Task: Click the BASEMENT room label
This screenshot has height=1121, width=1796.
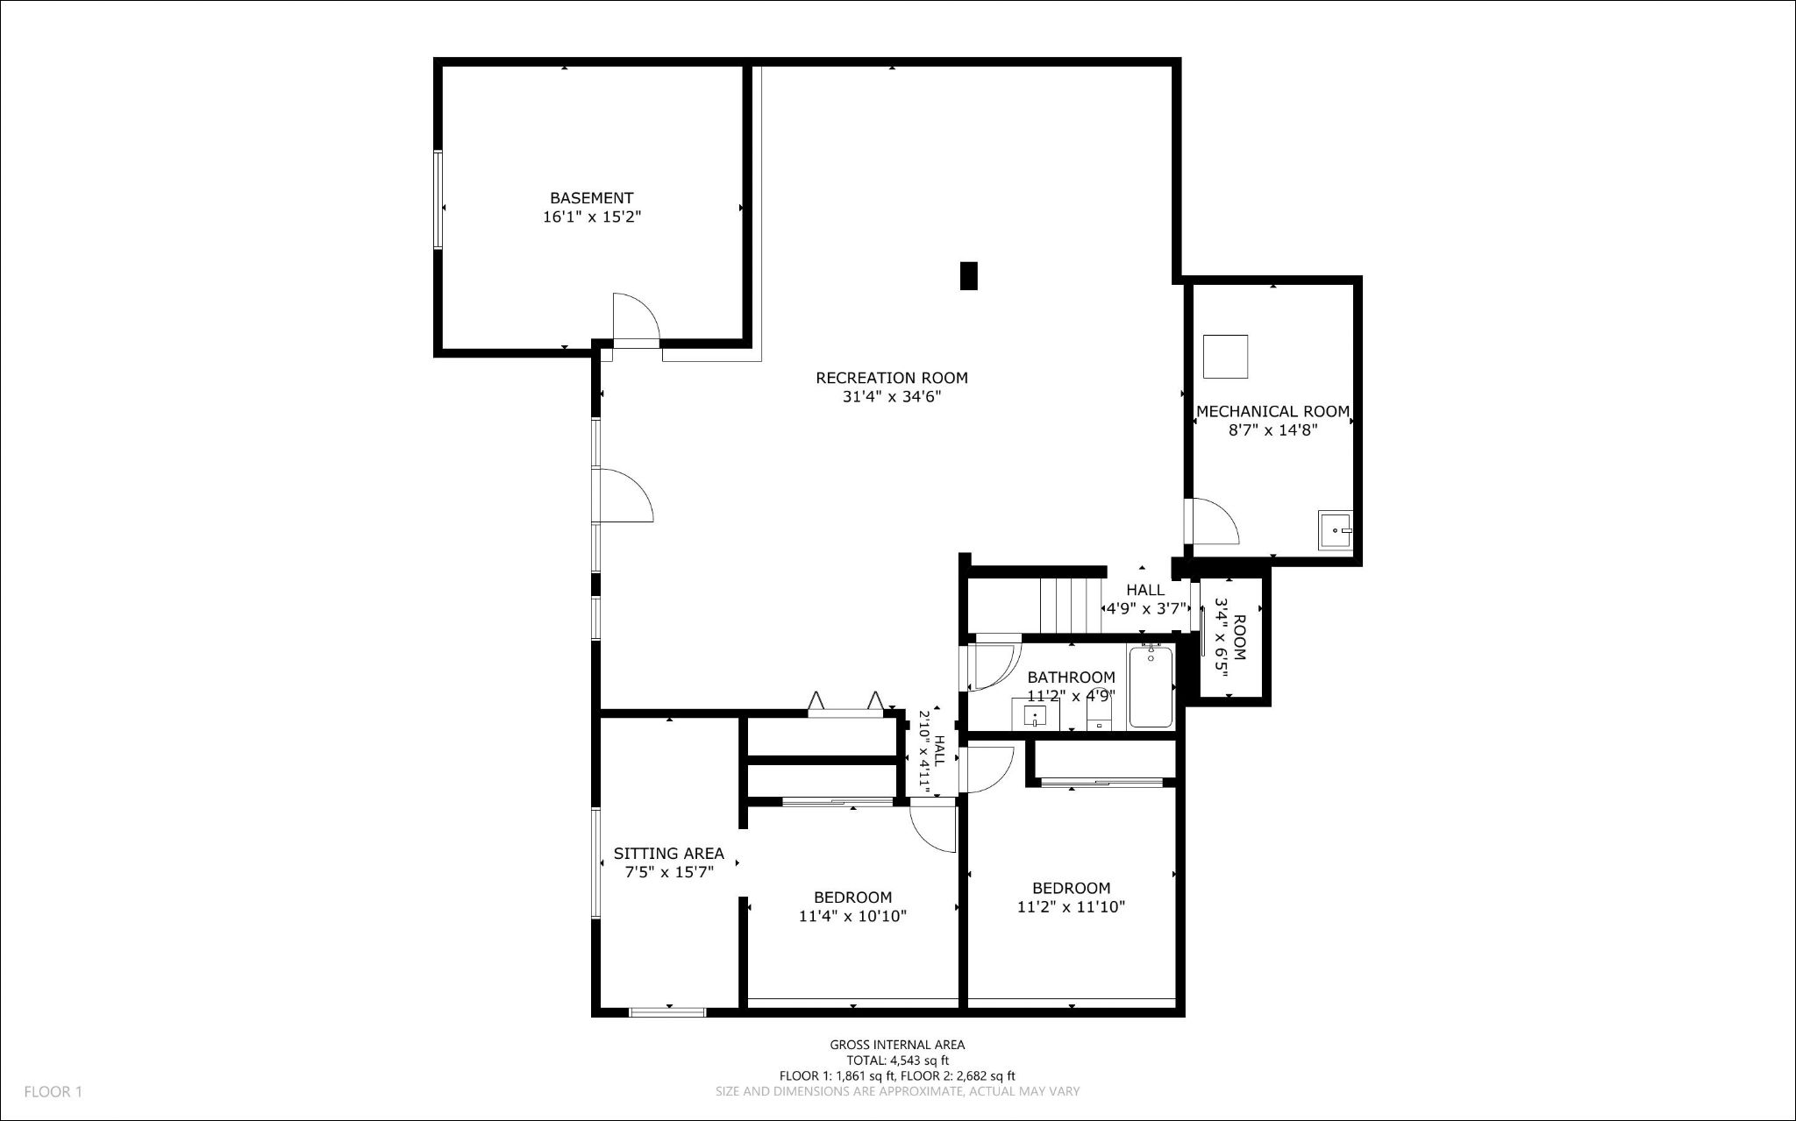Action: tap(591, 198)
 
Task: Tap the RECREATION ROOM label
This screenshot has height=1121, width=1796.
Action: tap(891, 378)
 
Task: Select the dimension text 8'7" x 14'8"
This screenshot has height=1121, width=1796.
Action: tap(1272, 429)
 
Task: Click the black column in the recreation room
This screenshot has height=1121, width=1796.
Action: tap(968, 276)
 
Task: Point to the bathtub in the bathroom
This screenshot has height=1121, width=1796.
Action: tap(1151, 687)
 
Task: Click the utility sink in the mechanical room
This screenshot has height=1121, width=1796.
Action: tap(1335, 531)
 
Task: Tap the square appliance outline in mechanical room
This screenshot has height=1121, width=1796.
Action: tap(1225, 357)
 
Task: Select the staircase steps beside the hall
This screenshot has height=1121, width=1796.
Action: tap(1070, 605)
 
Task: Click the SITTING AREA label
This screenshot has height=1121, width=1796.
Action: tap(668, 853)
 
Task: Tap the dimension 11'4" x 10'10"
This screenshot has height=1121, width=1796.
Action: tap(852, 917)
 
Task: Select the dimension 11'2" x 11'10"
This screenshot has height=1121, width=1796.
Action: tap(1071, 907)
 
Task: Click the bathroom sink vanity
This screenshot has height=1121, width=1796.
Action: tap(1035, 714)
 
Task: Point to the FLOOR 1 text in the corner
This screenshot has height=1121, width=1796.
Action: tap(53, 1092)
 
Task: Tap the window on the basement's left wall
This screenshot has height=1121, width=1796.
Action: tap(437, 200)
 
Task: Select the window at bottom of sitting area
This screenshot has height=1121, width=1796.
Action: tap(667, 1012)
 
